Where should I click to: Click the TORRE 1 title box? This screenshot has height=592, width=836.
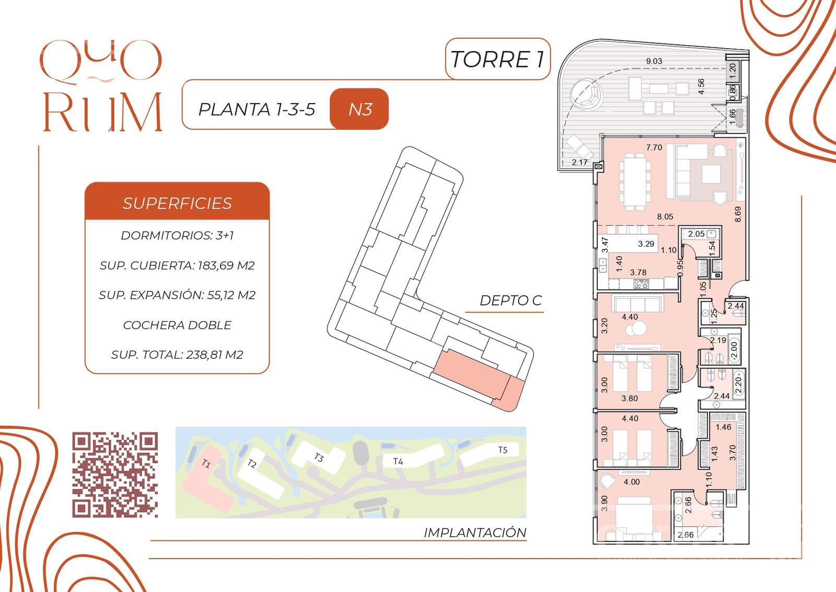497,59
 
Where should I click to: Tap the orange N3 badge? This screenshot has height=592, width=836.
359,109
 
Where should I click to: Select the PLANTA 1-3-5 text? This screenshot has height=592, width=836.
257,109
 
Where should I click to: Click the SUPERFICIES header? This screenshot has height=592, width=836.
177,203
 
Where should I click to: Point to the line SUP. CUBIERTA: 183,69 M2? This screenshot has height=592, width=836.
177,266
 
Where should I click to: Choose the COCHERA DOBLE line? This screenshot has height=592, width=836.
177,325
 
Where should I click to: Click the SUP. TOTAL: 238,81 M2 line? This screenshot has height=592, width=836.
177,355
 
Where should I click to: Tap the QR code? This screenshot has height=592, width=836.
115,475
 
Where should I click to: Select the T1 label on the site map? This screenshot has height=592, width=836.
206,464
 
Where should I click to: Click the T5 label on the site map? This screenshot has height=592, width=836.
503,450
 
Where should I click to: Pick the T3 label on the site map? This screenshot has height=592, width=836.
318,457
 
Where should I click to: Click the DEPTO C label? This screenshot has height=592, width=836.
510,300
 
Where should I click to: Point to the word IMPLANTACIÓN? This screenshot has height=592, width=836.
475,532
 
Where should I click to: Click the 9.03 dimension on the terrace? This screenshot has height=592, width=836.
654,61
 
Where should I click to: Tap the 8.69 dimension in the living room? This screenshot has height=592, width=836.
737,214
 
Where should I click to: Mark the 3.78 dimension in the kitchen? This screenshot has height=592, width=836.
638,272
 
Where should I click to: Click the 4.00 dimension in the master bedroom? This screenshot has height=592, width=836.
632,482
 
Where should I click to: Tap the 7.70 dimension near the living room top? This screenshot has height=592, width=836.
654,147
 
